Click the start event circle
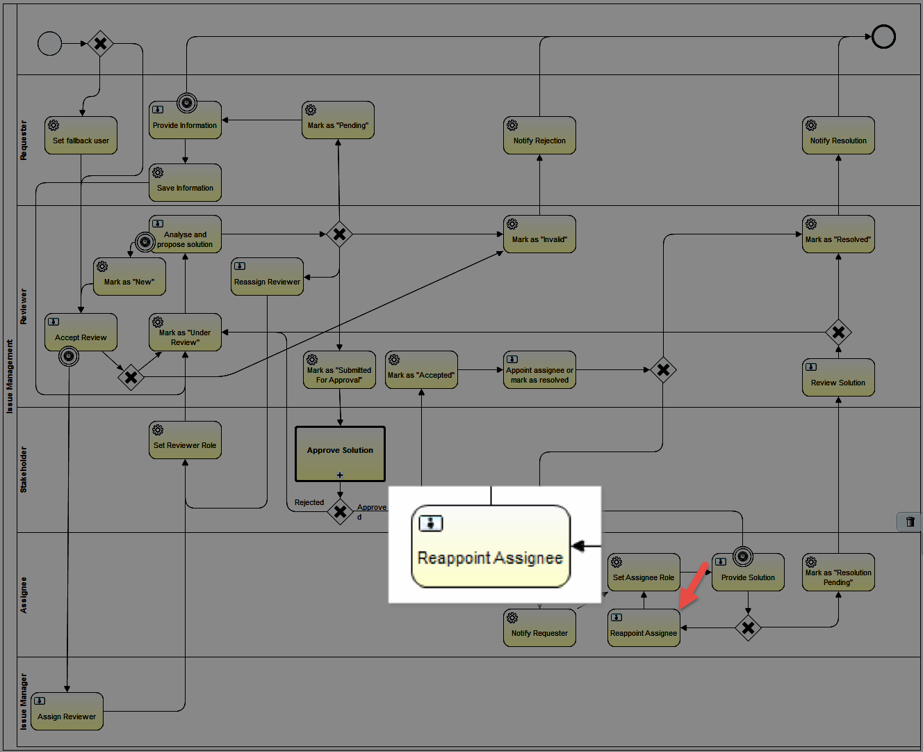point(50,43)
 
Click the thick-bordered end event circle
point(883,36)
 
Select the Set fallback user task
point(81,136)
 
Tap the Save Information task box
point(185,182)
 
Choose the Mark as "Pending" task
point(338,120)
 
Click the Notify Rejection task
point(539,136)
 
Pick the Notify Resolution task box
point(838,136)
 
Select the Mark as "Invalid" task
point(539,234)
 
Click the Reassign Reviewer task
point(267,277)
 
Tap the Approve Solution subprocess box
point(340,454)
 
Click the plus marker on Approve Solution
point(340,475)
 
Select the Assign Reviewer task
point(67,711)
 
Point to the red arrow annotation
point(694,586)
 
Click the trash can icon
point(910,522)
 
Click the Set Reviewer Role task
point(185,440)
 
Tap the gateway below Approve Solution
point(340,512)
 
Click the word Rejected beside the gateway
point(309,502)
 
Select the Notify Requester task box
point(539,628)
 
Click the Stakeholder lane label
point(24,470)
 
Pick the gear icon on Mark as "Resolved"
point(811,224)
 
